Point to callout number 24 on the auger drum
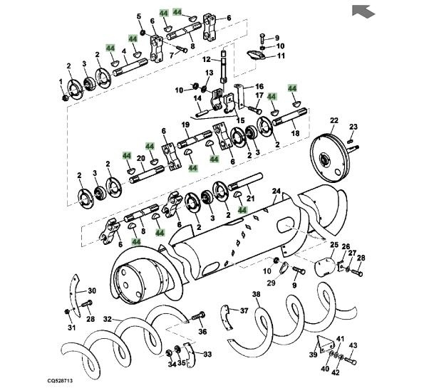pos(276,190)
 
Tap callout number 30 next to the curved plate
pos(92,290)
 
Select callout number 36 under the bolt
pos(202,331)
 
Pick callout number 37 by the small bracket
pos(244,310)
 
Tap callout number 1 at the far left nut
pos(61,82)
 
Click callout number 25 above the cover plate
pos(332,244)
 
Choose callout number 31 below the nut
pos(71,327)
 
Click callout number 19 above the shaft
pos(184,125)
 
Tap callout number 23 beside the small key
pos(353,127)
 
